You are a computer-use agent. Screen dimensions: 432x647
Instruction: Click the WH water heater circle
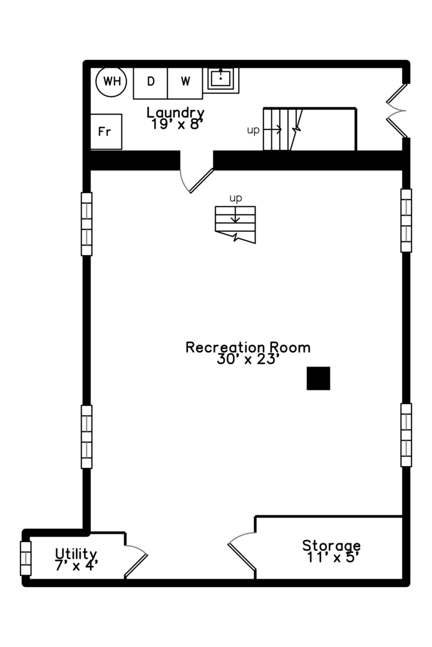tap(111, 81)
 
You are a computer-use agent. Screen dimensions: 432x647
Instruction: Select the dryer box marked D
tap(151, 83)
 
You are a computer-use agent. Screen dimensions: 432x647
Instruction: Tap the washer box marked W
tap(185, 83)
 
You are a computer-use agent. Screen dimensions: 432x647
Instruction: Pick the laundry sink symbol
tap(221, 80)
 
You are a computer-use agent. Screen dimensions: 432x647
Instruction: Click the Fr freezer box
tap(106, 132)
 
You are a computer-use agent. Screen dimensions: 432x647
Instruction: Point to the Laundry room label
tap(176, 112)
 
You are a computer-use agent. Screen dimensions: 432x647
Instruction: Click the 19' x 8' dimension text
tap(176, 124)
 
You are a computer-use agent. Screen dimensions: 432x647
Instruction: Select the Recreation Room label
tap(248, 347)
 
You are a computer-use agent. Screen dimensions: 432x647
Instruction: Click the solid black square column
tap(319, 379)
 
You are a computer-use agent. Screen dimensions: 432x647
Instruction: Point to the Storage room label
tap(332, 546)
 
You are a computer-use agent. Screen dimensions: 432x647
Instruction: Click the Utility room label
tap(76, 554)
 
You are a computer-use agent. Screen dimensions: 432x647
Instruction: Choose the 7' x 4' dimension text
tap(76, 566)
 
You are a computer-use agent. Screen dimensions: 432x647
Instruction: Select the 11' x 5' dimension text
tap(332, 558)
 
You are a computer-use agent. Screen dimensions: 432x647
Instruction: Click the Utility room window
tap(26, 558)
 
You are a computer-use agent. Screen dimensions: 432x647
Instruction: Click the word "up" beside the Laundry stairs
tap(253, 131)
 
